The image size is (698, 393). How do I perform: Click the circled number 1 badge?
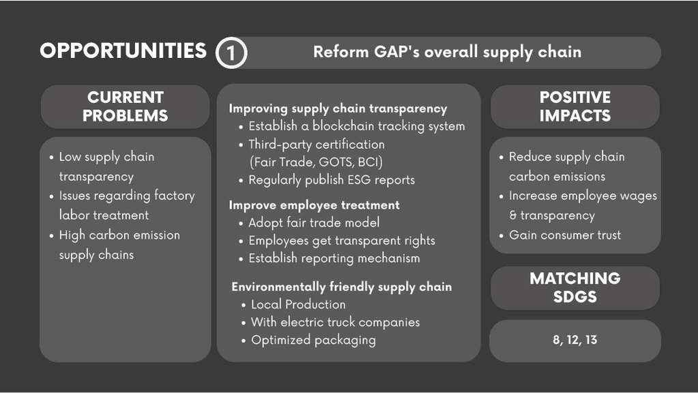231,53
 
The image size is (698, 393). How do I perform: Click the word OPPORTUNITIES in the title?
123,50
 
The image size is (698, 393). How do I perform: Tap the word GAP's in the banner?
396,52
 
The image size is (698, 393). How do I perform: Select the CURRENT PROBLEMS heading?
125,106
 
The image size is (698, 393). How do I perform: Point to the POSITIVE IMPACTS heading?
575,106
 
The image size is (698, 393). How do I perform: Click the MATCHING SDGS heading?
575,287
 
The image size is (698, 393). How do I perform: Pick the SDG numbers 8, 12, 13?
575,340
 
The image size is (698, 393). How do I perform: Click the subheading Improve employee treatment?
315,205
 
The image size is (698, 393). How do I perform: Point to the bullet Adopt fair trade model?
314,222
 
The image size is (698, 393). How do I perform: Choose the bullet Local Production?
298,304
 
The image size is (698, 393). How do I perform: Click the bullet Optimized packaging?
313,340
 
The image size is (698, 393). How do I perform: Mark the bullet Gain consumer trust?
565,235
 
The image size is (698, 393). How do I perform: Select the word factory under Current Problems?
175,196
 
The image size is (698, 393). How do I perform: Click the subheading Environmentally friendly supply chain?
341,287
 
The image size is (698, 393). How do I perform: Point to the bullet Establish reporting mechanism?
334,258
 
